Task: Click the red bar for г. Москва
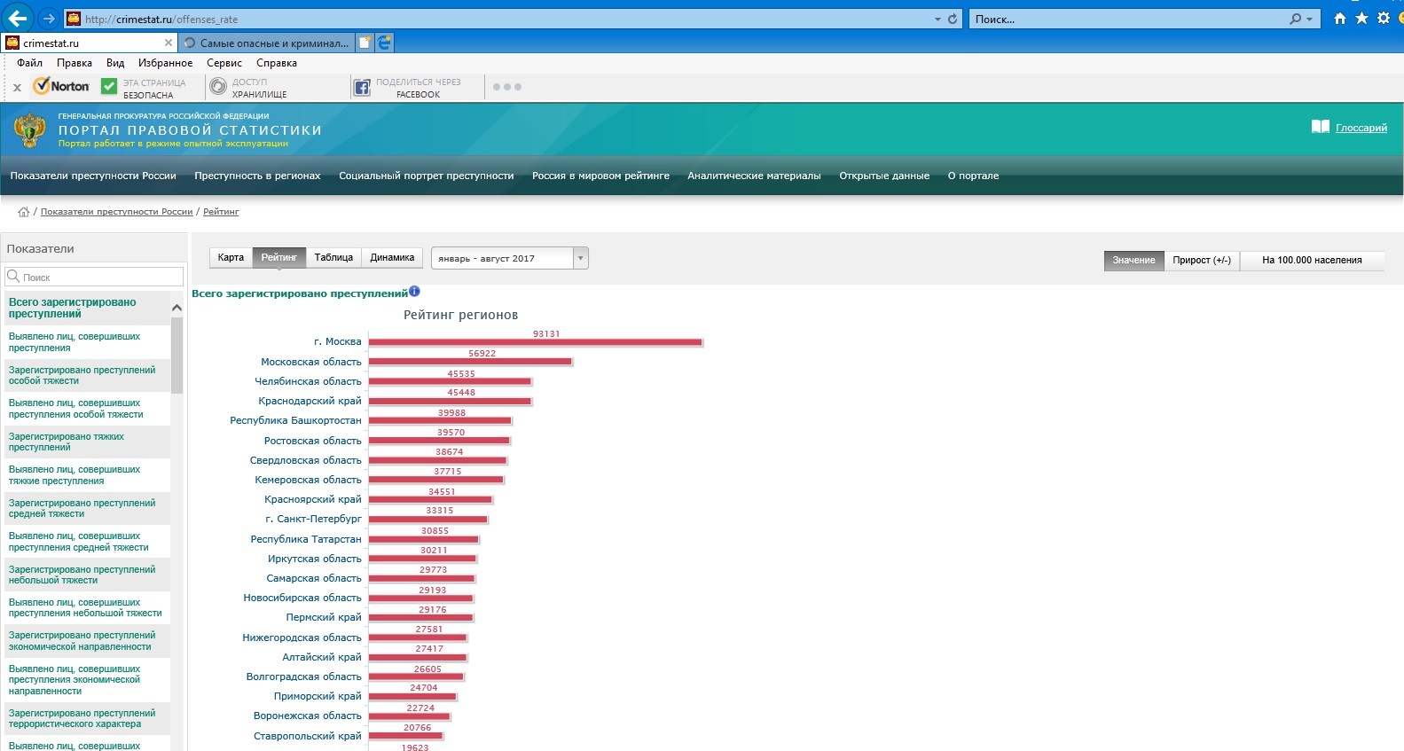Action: [x=536, y=342]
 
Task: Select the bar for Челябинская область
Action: [x=450, y=381]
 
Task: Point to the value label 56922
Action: [x=482, y=353]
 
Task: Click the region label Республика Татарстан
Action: [x=306, y=539]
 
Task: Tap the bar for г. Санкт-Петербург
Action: [x=427, y=520]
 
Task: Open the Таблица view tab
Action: [x=333, y=257]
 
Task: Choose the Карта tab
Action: [x=231, y=257]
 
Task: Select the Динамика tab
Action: [x=392, y=257]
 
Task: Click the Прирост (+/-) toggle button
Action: [x=1202, y=260]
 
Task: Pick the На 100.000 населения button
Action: [x=1312, y=260]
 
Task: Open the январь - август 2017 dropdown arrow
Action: [x=580, y=258]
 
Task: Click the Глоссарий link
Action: [x=1361, y=128]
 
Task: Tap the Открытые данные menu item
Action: [x=883, y=176]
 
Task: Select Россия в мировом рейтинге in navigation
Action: [x=600, y=176]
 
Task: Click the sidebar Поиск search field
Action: [x=94, y=277]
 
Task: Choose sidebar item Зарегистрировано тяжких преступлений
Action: [x=67, y=442]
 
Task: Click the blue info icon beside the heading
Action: [x=414, y=291]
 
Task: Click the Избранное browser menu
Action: [x=166, y=63]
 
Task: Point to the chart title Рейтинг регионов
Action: [x=460, y=315]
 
